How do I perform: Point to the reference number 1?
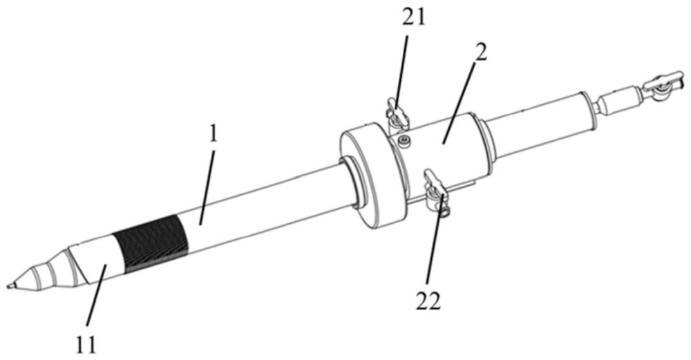(x=213, y=133)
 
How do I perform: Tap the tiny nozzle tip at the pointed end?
(x=10, y=284)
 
